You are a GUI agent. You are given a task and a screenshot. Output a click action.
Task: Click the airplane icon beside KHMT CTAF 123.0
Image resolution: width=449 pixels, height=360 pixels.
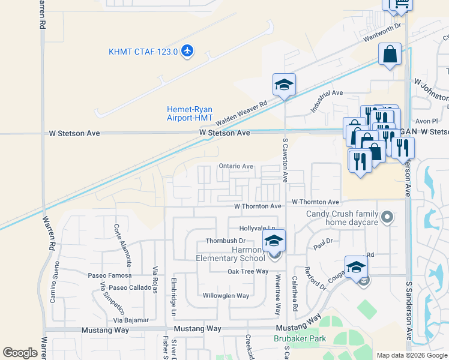(187, 51)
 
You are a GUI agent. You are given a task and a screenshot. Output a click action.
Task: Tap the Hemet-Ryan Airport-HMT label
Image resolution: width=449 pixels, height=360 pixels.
(189, 113)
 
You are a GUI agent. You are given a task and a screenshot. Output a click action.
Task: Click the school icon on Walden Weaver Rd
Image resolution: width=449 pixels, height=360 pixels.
(284, 85)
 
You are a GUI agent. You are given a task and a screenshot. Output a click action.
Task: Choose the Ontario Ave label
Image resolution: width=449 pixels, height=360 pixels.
(236, 166)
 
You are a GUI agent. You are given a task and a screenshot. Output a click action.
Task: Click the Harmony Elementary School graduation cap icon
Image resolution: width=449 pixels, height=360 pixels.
(274, 241)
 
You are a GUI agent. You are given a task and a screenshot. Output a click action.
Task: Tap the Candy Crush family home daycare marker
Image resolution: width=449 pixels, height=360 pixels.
(387, 216)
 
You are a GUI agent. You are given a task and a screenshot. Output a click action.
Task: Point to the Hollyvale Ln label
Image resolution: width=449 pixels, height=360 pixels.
(257, 229)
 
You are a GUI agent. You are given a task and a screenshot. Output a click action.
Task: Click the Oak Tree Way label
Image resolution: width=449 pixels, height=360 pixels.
(248, 271)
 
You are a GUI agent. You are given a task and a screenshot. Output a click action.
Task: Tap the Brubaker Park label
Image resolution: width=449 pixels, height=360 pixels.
(300, 339)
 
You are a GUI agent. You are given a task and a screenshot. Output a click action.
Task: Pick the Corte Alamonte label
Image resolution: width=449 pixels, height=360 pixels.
(122, 245)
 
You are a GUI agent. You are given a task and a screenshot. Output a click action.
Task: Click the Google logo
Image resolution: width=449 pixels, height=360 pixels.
(20, 353)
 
